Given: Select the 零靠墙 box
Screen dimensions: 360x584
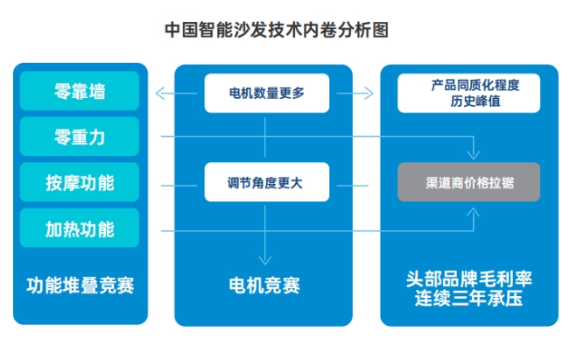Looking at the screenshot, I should [80, 91].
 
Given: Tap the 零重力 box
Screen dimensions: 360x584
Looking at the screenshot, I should [80, 137].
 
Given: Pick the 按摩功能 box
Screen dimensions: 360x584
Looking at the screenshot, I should [80, 182].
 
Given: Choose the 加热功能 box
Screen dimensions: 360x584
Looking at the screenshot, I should [80, 228].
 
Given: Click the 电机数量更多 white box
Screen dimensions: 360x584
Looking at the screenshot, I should [266, 93].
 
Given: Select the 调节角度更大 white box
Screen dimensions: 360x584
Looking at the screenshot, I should [266, 183].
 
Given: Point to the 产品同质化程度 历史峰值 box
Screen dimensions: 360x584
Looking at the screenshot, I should [468, 93].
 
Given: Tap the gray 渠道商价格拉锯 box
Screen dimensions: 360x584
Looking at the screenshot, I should [468, 183].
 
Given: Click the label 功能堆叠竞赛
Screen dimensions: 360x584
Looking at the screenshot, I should [80, 286].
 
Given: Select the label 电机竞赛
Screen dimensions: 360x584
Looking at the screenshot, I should [264, 286].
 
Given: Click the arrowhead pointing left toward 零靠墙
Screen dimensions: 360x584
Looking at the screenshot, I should [158, 93].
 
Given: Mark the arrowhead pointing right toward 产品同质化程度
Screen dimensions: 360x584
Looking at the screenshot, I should [371, 93].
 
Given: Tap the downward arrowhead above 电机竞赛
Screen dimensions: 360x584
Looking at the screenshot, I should [264, 260].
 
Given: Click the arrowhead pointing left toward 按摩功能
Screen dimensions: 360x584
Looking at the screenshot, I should [158, 183].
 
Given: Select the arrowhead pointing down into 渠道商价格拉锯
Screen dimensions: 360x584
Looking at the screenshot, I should [476, 155].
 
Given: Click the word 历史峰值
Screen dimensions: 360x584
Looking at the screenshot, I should [468, 102].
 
